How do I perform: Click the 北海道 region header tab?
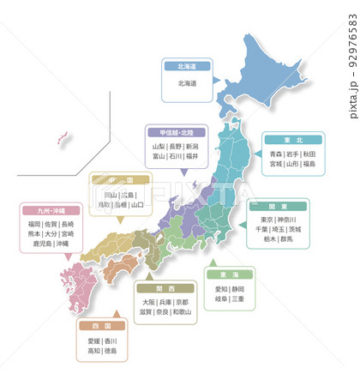187,66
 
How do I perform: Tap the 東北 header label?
292,138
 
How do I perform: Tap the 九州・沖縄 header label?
51,210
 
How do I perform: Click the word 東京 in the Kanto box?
268,220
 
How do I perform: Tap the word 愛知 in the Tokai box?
222,289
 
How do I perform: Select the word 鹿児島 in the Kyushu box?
40,244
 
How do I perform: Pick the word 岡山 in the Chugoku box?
111,195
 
